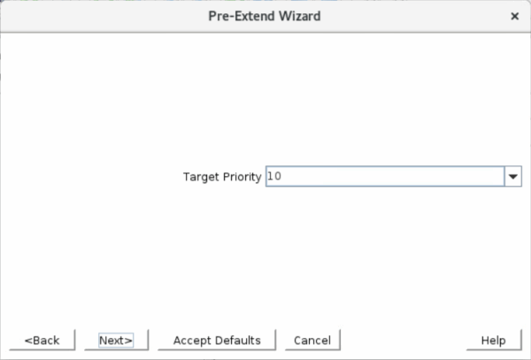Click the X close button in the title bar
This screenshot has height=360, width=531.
pos(515,16)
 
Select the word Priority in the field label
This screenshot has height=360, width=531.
pos(242,177)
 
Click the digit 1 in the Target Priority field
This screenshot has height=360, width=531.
pos(270,176)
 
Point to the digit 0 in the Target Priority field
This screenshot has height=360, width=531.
pos(277,176)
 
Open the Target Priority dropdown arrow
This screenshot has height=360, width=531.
pos(513,176)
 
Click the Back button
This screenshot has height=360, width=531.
pos(42,340)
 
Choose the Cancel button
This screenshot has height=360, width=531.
pos(312,340)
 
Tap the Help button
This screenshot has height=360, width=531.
pos(494,340)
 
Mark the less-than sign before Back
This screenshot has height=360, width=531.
pos(27,341)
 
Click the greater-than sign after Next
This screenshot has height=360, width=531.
pos(129,341)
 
